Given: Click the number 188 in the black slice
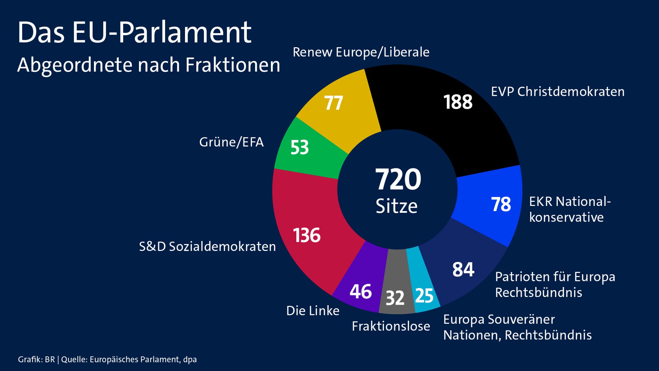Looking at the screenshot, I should [x=458, y=102].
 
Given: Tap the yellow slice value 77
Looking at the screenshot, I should [x=333, y=103].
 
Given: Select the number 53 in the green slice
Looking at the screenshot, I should [x=299, y=147].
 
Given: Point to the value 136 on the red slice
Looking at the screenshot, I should [x=306, y=235].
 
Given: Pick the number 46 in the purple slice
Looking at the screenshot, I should [x=360, y=292].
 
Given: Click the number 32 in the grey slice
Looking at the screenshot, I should [x=395, y=298].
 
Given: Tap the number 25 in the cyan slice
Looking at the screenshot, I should [x=424, y=296].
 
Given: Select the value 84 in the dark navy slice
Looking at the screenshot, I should [x=463, y=269].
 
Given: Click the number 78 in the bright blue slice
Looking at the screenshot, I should [x=501, y=204].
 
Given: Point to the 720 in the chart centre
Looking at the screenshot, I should [x=398, y=179].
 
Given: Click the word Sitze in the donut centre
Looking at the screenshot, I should [x=396, y=206].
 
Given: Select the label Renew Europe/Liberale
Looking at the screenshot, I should [x=361, y=52].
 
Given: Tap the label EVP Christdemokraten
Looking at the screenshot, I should [x=557, y=92].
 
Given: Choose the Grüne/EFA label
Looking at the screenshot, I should [x=231, y=142].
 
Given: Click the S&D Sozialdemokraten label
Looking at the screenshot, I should [x=207, y=246].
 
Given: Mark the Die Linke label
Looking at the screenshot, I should [x=312, y=311].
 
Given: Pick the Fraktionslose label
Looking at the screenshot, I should [x=391, y=326].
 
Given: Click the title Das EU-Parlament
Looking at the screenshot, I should [x=134, y=32].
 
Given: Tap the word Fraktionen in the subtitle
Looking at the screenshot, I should [x=233, y=65].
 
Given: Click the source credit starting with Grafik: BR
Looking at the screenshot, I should [x=107, y=359].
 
